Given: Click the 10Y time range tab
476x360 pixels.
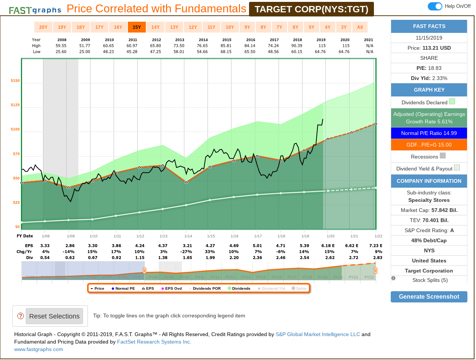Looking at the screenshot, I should click(x=230, y=27).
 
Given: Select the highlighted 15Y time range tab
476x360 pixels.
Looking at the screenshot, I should click(x=137, y=27).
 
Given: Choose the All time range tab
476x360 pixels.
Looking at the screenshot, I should click(x=360, y=27).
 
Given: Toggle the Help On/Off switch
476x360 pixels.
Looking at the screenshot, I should click(x=435, y=6).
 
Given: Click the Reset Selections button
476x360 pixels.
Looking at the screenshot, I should click(x=54, y=316).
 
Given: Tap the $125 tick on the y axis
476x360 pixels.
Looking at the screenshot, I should click(x=15, y=105).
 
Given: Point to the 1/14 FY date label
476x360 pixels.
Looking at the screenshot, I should click(x=188, y=236).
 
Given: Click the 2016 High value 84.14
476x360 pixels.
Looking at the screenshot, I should click(x=250, y=46).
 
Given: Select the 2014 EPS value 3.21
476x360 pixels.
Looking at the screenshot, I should click(x=187, y=246).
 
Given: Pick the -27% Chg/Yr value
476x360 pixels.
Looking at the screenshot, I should click(x=187, y=252).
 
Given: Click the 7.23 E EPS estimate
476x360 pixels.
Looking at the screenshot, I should click(x=375, y=246).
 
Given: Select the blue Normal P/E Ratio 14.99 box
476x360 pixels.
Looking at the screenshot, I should click(x=429, y=133).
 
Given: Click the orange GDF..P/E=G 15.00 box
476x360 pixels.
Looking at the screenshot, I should click(x=429, y=145).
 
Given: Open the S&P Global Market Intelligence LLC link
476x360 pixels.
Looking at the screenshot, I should click(x=317, y=334).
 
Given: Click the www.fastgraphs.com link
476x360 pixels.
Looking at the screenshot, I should click(x=39, y=349).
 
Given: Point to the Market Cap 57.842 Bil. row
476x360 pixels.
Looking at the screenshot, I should click(x=429, y=210).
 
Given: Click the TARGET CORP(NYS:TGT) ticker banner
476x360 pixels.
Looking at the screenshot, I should click(x=311, y=9).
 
